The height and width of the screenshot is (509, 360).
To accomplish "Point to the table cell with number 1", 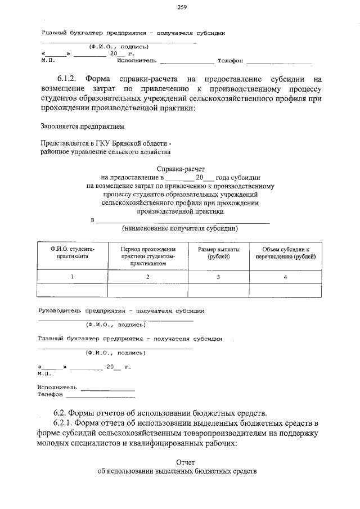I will (x=72, y=277).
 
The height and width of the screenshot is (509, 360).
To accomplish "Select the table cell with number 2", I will (x=147, y=277).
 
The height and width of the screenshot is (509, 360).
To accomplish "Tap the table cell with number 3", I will (x=218, y=277).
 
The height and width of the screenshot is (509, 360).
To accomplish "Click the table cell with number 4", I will (x=286, y=277).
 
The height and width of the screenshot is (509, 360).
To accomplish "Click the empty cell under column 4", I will (x=286, y=290).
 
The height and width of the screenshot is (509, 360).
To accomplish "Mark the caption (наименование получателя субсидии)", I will (x=180, y=228).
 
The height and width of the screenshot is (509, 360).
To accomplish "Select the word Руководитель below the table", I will (x=59, y=310).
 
